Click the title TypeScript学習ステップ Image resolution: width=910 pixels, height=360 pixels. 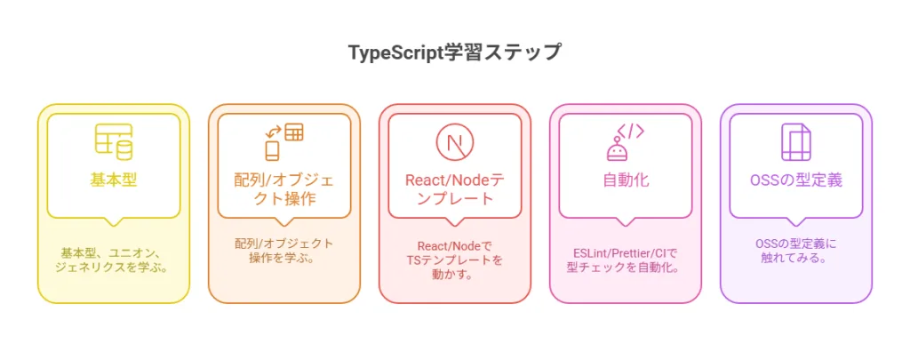455,52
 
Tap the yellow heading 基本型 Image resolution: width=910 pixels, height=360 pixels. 114,180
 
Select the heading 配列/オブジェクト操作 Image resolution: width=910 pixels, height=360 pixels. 284,189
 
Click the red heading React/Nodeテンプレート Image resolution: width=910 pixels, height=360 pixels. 454,189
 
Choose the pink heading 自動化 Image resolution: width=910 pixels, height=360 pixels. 626,180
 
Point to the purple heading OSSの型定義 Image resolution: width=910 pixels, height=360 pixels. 796,180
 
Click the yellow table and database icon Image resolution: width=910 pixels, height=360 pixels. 114,142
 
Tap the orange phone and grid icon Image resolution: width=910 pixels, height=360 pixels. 284,142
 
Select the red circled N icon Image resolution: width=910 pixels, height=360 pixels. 455,142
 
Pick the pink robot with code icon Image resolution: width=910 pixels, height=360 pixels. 625,142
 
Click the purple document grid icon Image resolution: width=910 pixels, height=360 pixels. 795,142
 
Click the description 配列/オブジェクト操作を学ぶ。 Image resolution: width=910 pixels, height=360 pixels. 284,251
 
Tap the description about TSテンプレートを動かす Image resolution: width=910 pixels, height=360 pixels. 455,260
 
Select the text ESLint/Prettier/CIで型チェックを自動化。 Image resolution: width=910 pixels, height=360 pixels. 626,260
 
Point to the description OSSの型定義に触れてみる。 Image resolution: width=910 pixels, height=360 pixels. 796,251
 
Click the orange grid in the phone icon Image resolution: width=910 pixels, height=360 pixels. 294,132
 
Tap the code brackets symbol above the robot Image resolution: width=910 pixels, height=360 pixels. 630,132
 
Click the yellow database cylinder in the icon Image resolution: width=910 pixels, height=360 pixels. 124,149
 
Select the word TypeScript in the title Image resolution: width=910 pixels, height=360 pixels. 395,52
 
